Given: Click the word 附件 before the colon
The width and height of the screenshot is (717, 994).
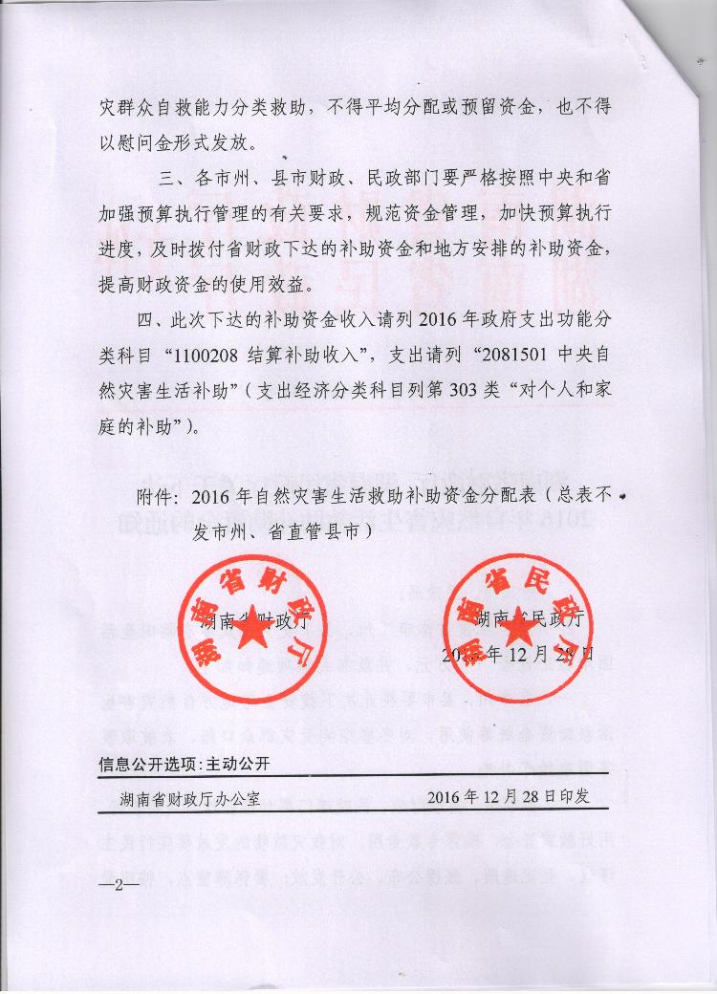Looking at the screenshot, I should [x=153, y=498].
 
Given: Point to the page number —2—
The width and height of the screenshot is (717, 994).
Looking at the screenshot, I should [x=119, y=886].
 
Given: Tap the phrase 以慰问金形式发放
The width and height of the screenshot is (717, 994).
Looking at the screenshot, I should [x=178, y=142].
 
